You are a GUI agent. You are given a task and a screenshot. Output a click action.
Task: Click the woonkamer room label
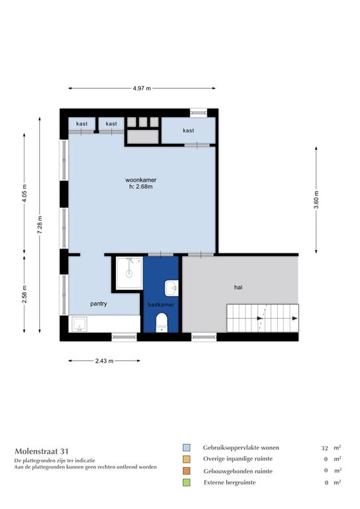click(x=141, y=180)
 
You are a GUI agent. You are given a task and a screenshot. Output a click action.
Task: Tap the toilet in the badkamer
click(x=161, y=322)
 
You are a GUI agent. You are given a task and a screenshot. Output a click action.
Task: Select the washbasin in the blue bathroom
click(x=172, y=288)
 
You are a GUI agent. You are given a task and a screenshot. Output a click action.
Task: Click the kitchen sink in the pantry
click(x=79, y=324)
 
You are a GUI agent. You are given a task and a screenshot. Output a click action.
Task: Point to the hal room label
click(x=238, y=287)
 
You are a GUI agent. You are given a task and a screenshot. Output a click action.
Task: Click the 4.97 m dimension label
click(x=142, y=88)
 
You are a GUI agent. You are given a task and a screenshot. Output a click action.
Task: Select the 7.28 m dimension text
click(x=40, y=224)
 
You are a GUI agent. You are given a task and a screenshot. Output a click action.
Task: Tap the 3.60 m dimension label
click(x=316, y=200)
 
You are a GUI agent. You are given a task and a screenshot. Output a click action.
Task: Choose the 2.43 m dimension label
click(x=104, y=361)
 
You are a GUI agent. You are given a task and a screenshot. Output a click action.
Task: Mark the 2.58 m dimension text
click(x=25, y=294)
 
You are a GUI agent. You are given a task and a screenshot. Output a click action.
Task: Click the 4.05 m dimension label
click(x=25, y=194)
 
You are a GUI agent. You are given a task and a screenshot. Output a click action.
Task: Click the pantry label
click(x=98, y=304)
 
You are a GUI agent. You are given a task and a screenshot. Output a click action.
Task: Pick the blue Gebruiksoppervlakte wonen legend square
click(x=186, y=448)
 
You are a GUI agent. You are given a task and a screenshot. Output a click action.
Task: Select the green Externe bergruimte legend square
click(x=186, y=482)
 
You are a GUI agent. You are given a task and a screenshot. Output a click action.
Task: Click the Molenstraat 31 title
click(x=42, y=451)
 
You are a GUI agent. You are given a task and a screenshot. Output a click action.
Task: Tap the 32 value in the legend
click(x=324, y=448)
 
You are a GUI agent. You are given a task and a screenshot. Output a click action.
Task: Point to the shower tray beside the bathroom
click(x=129, y=272)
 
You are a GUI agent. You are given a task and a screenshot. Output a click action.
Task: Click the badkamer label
click(x=161, y=304)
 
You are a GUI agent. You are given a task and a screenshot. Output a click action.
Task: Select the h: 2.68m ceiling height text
click(x=141, y=187)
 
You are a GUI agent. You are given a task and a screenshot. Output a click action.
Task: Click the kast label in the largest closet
click(x=188, y=131)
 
